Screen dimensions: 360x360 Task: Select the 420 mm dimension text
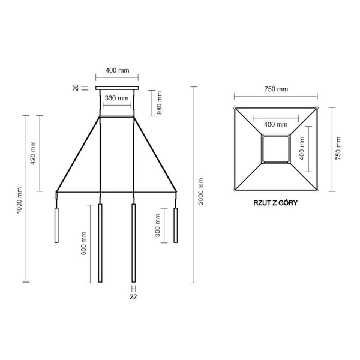pos(34,153)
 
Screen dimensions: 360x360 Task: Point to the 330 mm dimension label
pos(116,98)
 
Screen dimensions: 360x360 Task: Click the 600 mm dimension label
pos(85,243)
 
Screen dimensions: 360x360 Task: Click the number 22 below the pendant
pos(134,296)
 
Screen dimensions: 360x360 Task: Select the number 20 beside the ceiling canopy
pos(76,88)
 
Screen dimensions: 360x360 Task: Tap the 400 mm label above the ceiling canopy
pos(117,70)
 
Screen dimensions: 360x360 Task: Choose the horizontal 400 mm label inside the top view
pos(275,124)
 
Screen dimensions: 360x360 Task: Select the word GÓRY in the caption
pos(289,203)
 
